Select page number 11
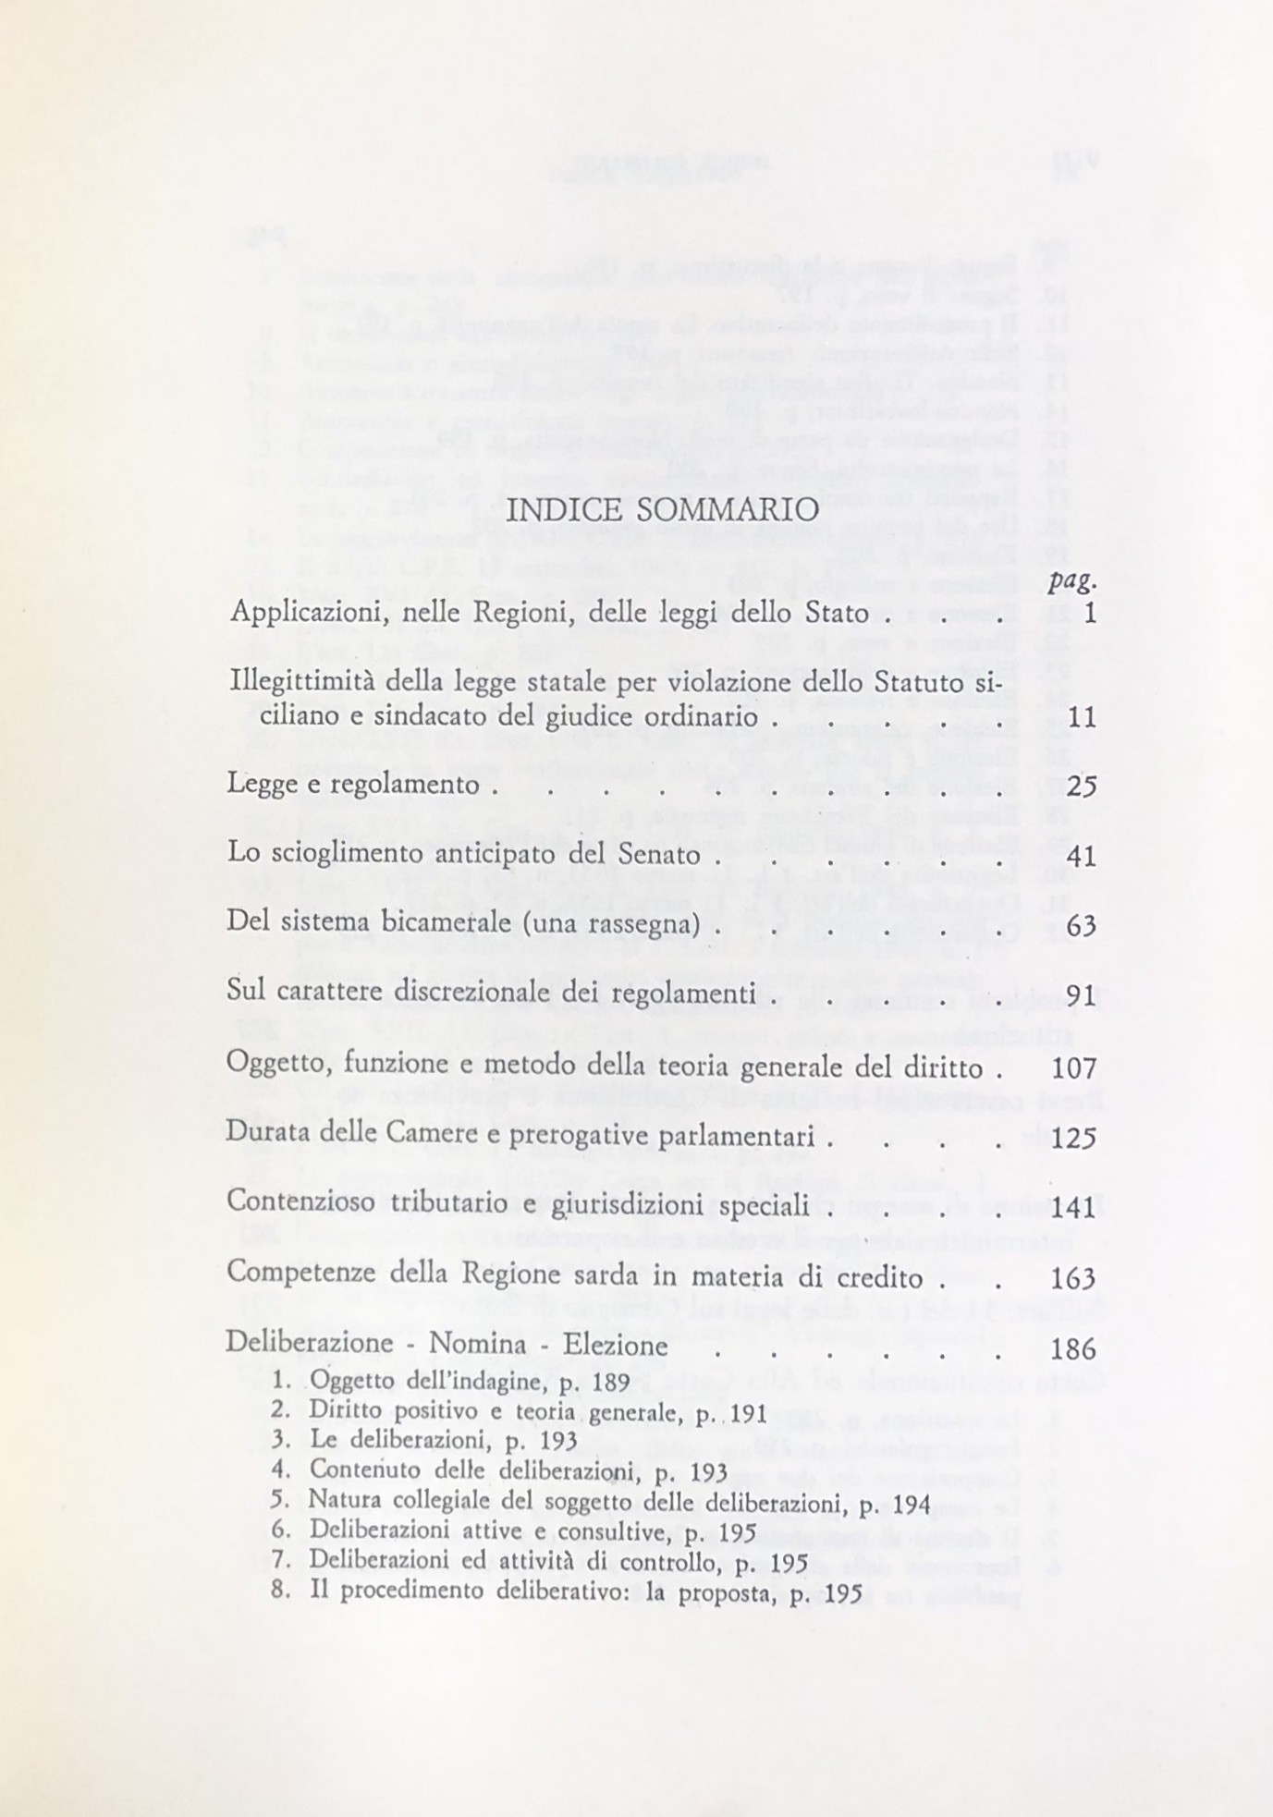1081,717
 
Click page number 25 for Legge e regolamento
1081,787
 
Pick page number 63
1081,925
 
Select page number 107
1074,1069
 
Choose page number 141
1074,1208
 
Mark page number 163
1074,1278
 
